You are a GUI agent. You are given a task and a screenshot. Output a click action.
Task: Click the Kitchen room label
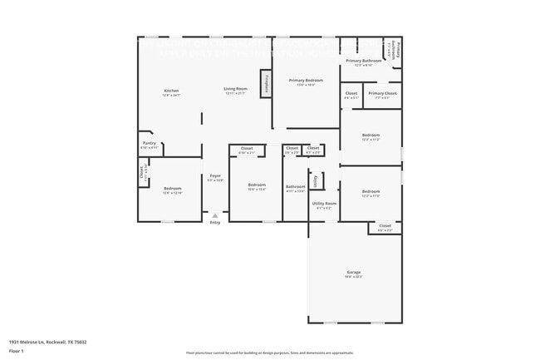tap(171, 91)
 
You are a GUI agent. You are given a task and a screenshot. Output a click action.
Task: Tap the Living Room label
tap(235, 89)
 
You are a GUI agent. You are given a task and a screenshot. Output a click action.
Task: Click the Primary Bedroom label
tap(306, 80)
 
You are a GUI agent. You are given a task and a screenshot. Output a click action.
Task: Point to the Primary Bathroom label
tap(364, 61)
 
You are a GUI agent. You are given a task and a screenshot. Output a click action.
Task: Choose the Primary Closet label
tap(382, 94)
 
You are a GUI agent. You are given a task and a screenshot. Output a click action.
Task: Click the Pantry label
tap(150, 143)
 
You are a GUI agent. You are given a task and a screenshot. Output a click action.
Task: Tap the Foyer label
tap(215, 175)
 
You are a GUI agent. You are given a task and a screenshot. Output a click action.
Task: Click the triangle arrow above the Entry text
tap(215, 215)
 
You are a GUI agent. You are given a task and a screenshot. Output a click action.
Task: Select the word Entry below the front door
tap(215, 222)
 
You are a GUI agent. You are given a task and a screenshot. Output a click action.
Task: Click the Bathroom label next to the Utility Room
tap(296, 187)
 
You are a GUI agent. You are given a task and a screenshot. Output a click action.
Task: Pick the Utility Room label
tap(324, 204)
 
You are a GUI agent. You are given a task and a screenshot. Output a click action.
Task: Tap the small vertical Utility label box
tap(316, 180)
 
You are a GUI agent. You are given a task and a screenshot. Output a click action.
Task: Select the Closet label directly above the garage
tap(384, 225)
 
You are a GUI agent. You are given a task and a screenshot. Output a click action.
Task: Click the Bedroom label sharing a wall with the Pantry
tap(172, 189)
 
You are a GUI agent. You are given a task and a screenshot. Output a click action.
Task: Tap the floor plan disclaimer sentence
tap(269, 353)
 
